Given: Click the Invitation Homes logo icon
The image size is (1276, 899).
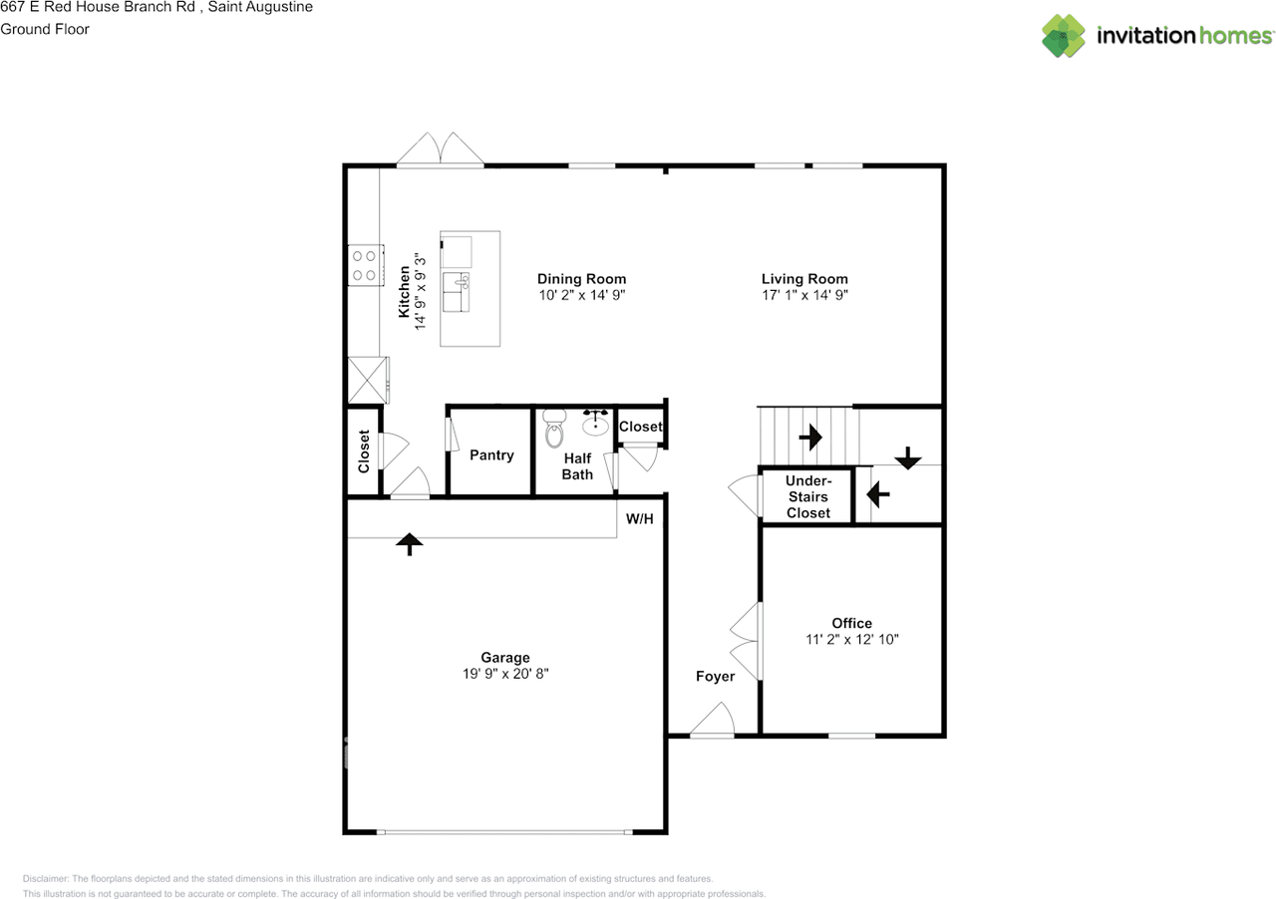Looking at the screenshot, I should pos(1065,36).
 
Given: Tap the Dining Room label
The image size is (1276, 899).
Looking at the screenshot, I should pos(581,279).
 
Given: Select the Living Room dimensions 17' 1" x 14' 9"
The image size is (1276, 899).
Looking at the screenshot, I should pos(804,295).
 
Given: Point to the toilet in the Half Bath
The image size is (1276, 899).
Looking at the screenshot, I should pos(554,432).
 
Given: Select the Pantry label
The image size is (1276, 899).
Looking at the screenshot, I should pos(491,455).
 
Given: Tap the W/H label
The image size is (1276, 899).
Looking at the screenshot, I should pos(639,519).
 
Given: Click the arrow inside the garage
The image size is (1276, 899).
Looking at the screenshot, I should pos(410,543).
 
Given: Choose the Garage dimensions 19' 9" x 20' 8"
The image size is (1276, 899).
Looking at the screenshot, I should pos(505,674).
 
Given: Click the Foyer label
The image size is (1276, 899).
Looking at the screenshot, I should pos(715,677).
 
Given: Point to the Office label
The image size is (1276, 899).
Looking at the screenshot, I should pos(851,623).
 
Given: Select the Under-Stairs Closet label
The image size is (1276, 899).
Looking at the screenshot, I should pos(807,496).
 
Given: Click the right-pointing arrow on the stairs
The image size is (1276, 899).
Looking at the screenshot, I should pos(809,437).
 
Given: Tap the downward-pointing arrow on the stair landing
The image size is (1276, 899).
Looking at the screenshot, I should pos(907,459).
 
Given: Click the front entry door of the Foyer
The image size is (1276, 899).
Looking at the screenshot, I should pos(713,722).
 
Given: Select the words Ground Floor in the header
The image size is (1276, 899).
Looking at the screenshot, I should pos(45,29).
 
